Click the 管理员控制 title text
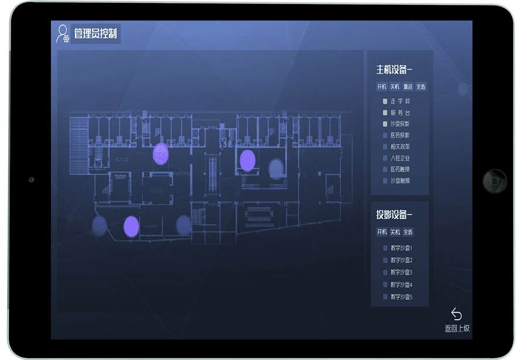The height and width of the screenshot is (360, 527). coord(95,34)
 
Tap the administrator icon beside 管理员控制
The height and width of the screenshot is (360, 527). coord(62,34)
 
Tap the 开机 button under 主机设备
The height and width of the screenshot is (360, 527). coord(382,87)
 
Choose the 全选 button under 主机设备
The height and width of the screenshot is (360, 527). coord(420,87)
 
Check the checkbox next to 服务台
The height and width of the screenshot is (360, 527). coord(385,112)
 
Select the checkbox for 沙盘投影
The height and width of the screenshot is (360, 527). coord(385,124)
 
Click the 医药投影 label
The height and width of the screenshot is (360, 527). coord(400,135)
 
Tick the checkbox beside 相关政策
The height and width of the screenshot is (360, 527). coord(385,147)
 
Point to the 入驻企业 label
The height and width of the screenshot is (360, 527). coord(400,158)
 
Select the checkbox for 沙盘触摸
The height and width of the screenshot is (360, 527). coord(385,181)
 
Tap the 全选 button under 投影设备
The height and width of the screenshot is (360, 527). coord(408,232)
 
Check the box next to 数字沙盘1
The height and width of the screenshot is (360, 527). coord(385,248)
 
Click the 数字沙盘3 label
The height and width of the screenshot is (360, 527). coord(402,273)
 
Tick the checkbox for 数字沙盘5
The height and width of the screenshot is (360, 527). coord(385,297)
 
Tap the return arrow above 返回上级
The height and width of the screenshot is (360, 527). coord(457,314)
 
